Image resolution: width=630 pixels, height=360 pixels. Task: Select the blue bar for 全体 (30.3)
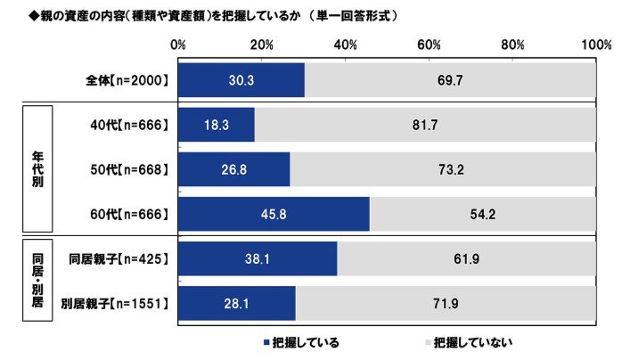[x=241, y=80]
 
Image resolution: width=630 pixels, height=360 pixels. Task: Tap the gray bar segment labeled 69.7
[x=450, y=80]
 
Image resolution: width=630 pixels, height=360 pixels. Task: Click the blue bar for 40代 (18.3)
[x=217, y=126]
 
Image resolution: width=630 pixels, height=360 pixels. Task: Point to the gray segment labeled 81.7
[x=425, y=126]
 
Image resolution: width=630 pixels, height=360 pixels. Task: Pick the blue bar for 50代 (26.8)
[x=234, y=169]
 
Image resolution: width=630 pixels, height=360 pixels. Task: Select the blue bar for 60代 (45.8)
[x=274, y=215]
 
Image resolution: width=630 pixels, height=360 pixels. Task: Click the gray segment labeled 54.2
[x=482, y=215]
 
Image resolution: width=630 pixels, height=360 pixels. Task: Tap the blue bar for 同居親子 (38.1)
[x=258, y=259]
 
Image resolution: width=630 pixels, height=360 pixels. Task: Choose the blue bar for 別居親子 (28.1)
[x=237, y=303]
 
